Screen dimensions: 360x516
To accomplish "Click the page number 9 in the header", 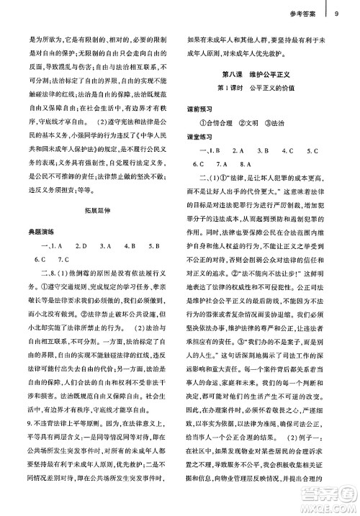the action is click(x=336, y=11).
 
